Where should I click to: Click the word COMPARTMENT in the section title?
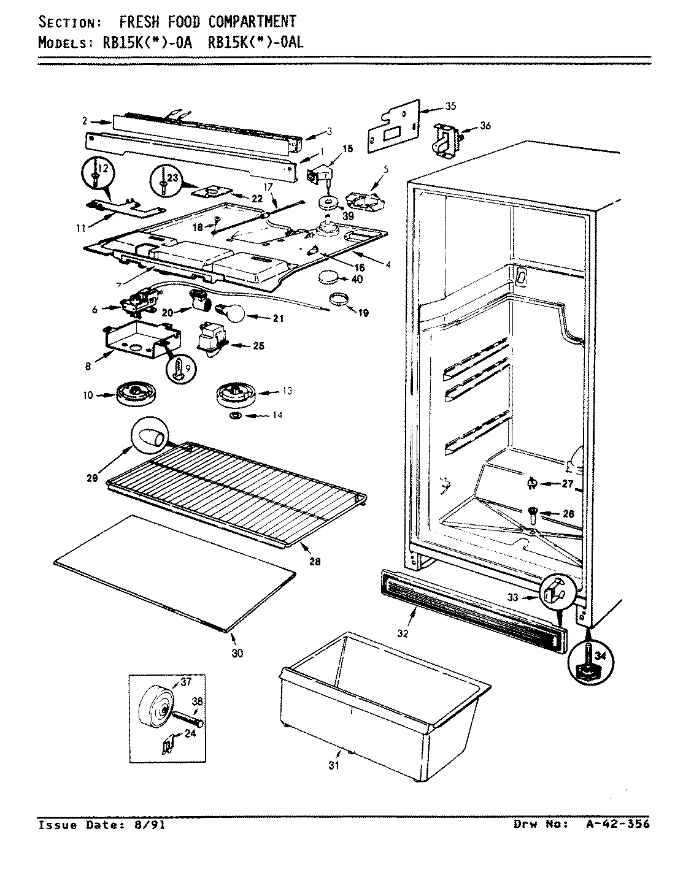[252, 22]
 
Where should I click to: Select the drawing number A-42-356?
[615, 824]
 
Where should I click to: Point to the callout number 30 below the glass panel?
[237, 654]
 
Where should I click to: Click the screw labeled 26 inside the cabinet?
[533, 510]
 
